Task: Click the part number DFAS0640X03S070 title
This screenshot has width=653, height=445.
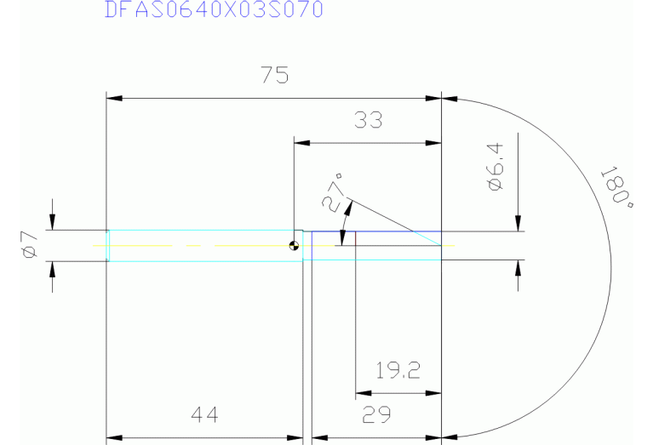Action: (214, 10)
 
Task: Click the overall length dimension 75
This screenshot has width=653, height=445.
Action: (275, 76)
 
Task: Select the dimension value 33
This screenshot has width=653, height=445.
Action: (368, 120)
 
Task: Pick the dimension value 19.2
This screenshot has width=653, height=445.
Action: (398, 370)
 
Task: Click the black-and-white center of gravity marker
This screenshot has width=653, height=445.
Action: (295, 247)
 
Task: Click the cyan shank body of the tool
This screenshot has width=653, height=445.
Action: (204, 246)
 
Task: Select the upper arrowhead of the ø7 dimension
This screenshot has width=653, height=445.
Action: (53, 223)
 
